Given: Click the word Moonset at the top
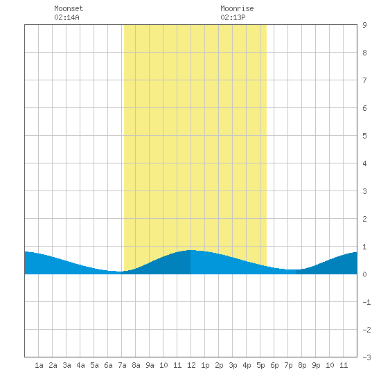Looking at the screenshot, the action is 69,8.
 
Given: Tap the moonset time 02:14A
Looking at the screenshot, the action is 67,17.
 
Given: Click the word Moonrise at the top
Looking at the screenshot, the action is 237,8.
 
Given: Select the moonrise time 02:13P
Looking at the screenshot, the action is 233,17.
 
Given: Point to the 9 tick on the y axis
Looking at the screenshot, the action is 364,25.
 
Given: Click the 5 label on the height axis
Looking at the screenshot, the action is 364,136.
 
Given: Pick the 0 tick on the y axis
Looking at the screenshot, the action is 364,274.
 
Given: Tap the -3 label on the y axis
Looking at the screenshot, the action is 366,357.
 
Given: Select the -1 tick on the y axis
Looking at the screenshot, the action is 366,302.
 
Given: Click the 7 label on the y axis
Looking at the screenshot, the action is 364,80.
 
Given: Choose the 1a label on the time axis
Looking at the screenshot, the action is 39,365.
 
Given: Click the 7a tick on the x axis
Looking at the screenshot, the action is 122,365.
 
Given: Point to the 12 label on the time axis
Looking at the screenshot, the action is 191,365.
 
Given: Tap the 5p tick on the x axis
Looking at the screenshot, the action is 260,365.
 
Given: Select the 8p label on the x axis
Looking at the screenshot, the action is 302,365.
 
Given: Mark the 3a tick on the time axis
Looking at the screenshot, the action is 67,365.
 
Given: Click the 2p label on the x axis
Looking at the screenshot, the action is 219,365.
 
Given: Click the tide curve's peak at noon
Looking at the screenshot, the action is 191,250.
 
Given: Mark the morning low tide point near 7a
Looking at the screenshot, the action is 120,272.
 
